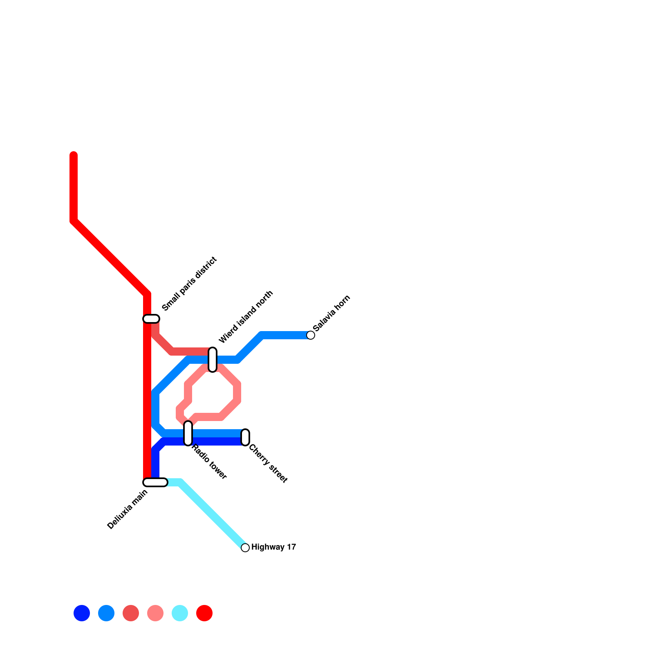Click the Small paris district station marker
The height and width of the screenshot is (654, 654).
[151, 319]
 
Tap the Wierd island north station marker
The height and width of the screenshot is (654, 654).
[213, 360]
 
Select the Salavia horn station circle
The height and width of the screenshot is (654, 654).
[311, 335]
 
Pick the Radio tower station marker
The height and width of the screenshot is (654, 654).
[188, 433]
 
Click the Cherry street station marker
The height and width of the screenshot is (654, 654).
[245, 437]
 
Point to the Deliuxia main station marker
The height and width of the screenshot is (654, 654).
[155, 482]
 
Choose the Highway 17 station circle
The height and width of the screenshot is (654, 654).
[245, 548]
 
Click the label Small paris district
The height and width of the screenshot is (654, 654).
[189, 284]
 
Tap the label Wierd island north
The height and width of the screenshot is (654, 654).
[246, 317]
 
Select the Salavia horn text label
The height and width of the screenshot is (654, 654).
[331, 313]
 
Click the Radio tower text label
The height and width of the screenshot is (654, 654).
[209, 461]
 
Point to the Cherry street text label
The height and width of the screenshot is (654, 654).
[268, 464]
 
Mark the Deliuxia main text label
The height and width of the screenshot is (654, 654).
[128, 509]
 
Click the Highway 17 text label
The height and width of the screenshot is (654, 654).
[273, 547]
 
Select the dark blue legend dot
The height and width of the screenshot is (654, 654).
[82, 613]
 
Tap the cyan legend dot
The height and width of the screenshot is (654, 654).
[180, 613]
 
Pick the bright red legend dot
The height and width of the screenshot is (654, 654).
[204, 613]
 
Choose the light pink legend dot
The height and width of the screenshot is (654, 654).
[155, 613]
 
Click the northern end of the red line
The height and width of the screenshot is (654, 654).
[74, 155]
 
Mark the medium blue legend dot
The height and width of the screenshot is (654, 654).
[106, 613]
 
